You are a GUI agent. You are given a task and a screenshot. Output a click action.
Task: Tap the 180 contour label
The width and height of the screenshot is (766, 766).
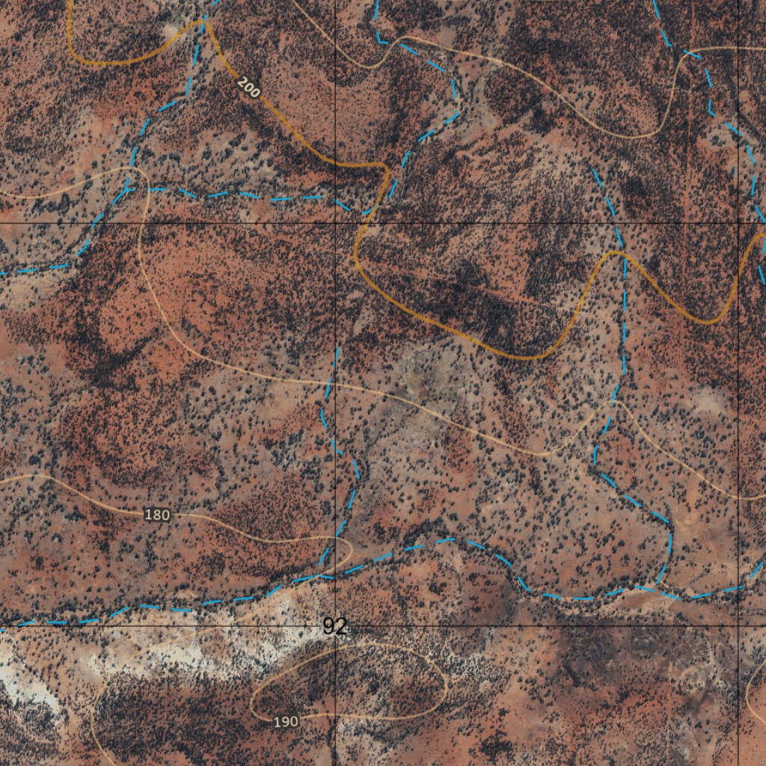(157, 515)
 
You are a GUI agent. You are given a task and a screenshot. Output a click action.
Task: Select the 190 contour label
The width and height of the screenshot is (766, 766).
(286, 722)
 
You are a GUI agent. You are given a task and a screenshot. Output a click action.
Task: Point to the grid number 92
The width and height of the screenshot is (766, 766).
(335, 627)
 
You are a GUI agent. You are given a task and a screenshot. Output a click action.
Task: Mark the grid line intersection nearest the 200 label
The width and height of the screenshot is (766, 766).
(336, 223)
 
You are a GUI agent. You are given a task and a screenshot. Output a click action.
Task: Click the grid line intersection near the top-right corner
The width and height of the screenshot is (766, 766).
(738, 222)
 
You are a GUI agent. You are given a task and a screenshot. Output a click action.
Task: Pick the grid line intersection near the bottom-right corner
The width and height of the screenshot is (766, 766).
(738, 623)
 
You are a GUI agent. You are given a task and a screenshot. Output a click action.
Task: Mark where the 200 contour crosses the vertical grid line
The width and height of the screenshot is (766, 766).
(336, 164)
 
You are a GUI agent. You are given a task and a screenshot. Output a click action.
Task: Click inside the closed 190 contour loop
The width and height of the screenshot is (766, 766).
(352, 681)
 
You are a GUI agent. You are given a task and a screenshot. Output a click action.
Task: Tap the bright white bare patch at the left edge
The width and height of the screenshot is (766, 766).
(22, 681)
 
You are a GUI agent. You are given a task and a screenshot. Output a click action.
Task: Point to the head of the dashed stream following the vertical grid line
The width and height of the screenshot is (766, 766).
(338, 349)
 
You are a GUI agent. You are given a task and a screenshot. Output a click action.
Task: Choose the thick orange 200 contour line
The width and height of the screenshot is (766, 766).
(449, 329)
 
